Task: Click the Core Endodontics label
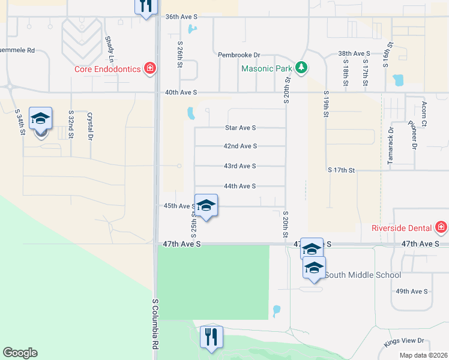pyautogui.click(x=107, y=69)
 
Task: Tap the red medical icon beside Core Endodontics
pyautogui.click(x=150, y=69)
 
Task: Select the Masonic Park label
pyautogui.click(x=267, y=68)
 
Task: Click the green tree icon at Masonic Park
pyautogui.click(x=303, y=67)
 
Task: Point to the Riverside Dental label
pyautogui.click(x=402, y=228)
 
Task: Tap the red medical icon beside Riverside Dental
pyautogui.click(x=441, y=227)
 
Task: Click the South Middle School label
pyautogui.click(x=364, y=275)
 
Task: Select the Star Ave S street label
pyautogui.click(x=240, y=128)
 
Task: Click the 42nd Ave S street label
pyautogui.click(x=240, y=146)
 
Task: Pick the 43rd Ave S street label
pyautogui.click(x=240, y=166)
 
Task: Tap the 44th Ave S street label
pyautogui.click(x=240, y=186)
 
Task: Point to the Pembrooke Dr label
pyautogui.click(x=239, y=55)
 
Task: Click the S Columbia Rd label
pyautogui.click(x=155, y=324)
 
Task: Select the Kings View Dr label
pyautogui.click(x=404, y=341)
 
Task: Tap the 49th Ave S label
pyautogui.click(x=411, y=291)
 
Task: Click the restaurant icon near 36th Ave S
pyautogui.click(x=145, y=7)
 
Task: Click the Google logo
pyautogui.click(x=20, y=353)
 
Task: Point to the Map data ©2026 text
pyautogui.click(x=423, y=355)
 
